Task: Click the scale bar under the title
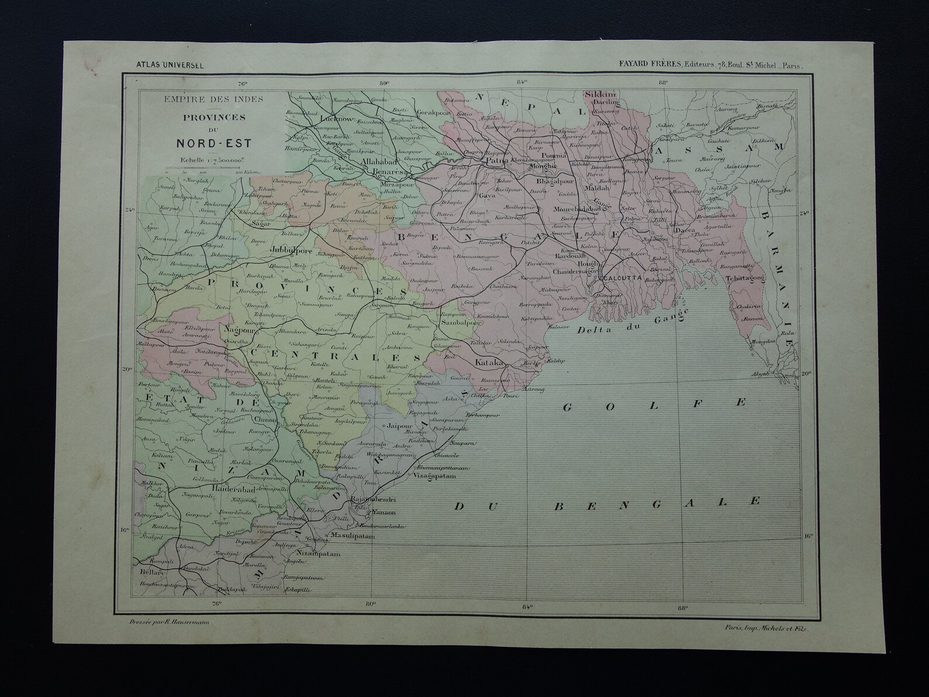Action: point(203,168)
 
